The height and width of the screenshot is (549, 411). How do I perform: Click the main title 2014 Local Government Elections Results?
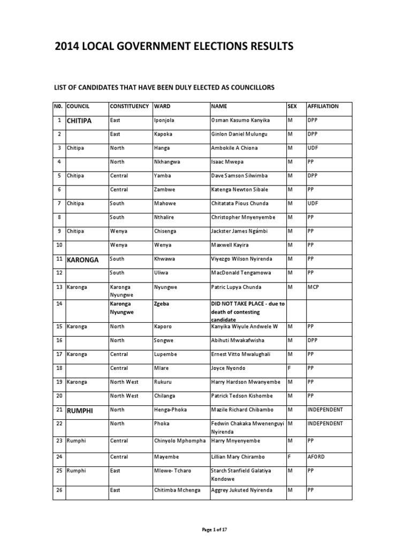[174, 47]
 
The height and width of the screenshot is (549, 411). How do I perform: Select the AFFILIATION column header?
[323, 106]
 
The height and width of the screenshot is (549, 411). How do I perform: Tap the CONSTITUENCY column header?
[129, 106]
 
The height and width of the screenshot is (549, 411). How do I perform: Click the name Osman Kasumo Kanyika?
[240, 120]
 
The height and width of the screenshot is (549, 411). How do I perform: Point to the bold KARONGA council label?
[83, 259]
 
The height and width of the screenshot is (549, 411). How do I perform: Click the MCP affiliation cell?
[314, 287]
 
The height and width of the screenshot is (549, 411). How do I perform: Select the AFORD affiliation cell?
[316, 457]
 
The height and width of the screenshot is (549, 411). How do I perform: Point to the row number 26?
[59, 490]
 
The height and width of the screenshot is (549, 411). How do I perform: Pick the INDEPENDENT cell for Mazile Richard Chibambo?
[325, 410]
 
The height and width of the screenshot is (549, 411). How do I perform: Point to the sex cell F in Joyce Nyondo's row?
[290, 368]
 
